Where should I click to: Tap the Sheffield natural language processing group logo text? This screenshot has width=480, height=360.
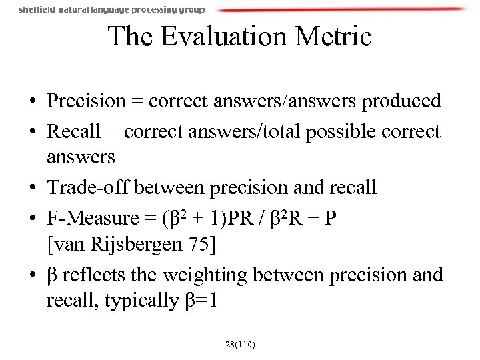click(112, 10)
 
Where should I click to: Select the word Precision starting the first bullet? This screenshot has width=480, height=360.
click(86, 101)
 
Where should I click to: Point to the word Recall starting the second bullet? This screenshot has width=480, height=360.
click(70, 131)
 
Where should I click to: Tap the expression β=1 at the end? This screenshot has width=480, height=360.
click(200, 301)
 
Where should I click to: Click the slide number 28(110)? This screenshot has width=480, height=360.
click(241, 345)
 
